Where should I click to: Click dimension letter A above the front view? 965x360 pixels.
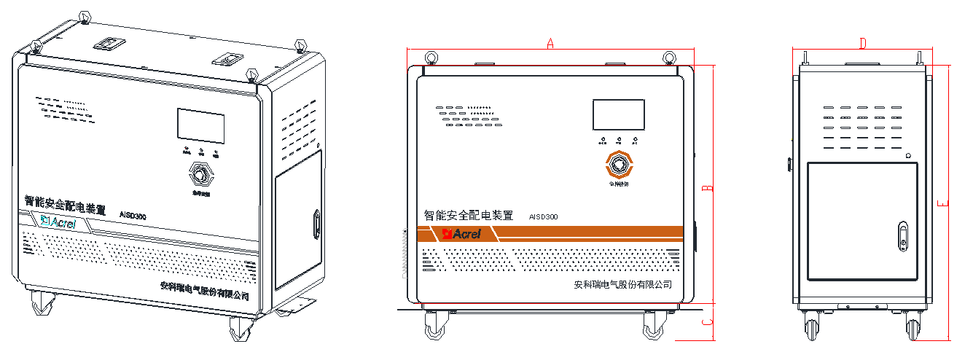click(x=550, y=44)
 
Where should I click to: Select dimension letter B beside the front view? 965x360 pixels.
click(x=706, y=189)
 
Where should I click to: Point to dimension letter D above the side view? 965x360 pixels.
click(x=862, y=44)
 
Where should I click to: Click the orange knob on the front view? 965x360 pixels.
click(x=619, y=165)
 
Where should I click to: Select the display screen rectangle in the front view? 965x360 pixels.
click(x=618, y=115)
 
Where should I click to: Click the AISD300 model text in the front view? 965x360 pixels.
click(x=544, y=216)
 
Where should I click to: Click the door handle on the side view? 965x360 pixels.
click(x=904, y=237)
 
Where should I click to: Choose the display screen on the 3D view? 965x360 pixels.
click(x=200, y=125)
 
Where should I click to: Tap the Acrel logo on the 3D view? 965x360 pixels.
click(x=58, y=222)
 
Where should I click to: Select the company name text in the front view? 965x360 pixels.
click(x=622, y=285)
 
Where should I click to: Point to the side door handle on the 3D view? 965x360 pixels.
click(x=317, y=224)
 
